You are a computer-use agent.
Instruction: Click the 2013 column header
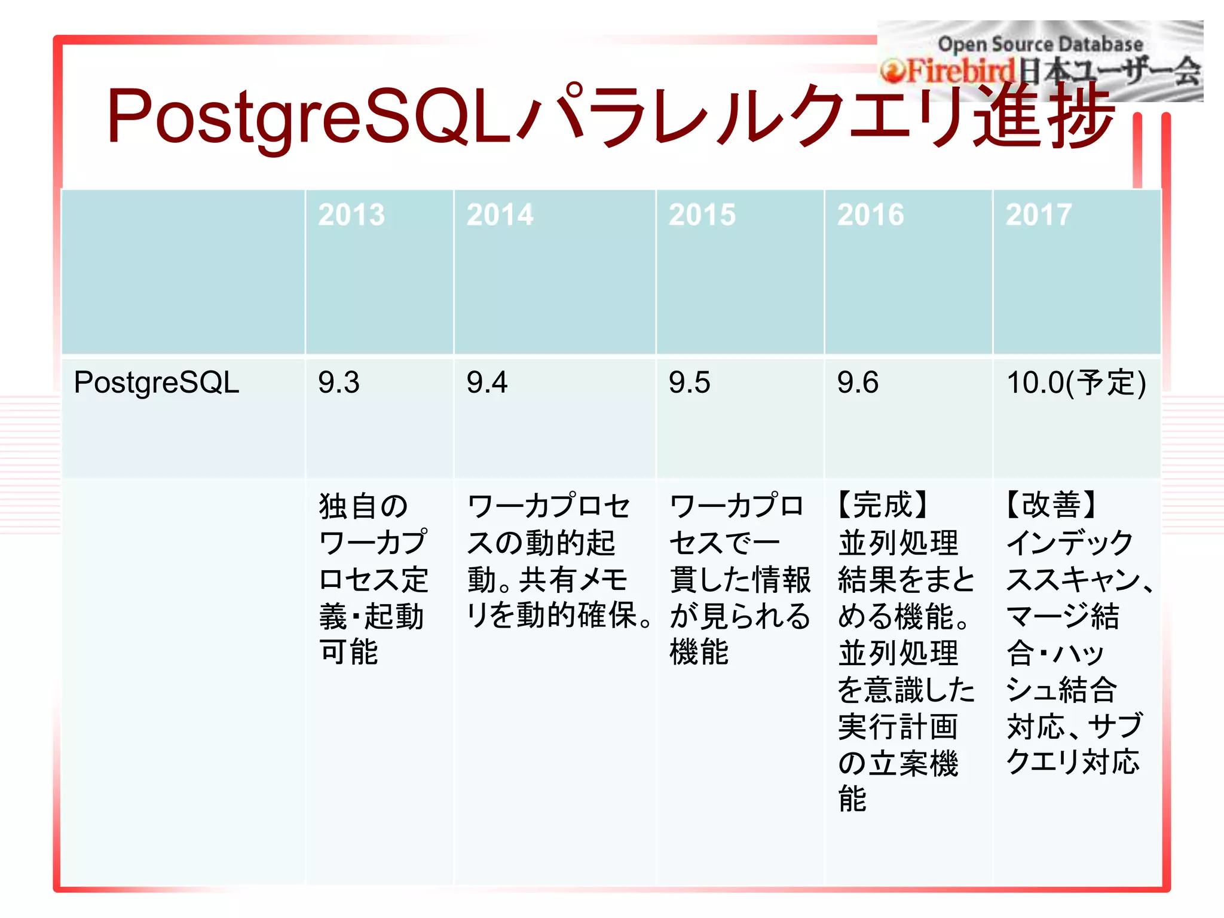(x=351, y=215)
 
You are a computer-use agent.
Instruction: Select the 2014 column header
(x=500, y=215)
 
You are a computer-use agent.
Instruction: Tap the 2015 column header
(x=702, y=215)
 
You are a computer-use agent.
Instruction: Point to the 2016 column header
(x=870, y=215)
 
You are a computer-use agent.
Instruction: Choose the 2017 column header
(x=1039, y=215)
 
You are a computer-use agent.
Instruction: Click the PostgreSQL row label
(x=156, y=382)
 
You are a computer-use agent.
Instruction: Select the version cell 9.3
(x=338, y=382)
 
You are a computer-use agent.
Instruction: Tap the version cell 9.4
(x=486, y=382)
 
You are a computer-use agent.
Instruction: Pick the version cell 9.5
(x=689, y=382)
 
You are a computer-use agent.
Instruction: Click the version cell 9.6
(x=858, y=382)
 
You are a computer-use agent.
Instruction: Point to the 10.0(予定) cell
(x=1076, y=382)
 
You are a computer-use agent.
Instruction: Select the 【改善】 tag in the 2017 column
(x=1051, y=505)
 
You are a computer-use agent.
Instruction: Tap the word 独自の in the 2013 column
(x=363, y=506)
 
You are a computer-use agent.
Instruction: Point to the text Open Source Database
(x=1040, y=44)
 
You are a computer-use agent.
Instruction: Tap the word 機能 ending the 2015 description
(x=699, y=652)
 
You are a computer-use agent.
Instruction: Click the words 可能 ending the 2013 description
(x=349, y=652)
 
